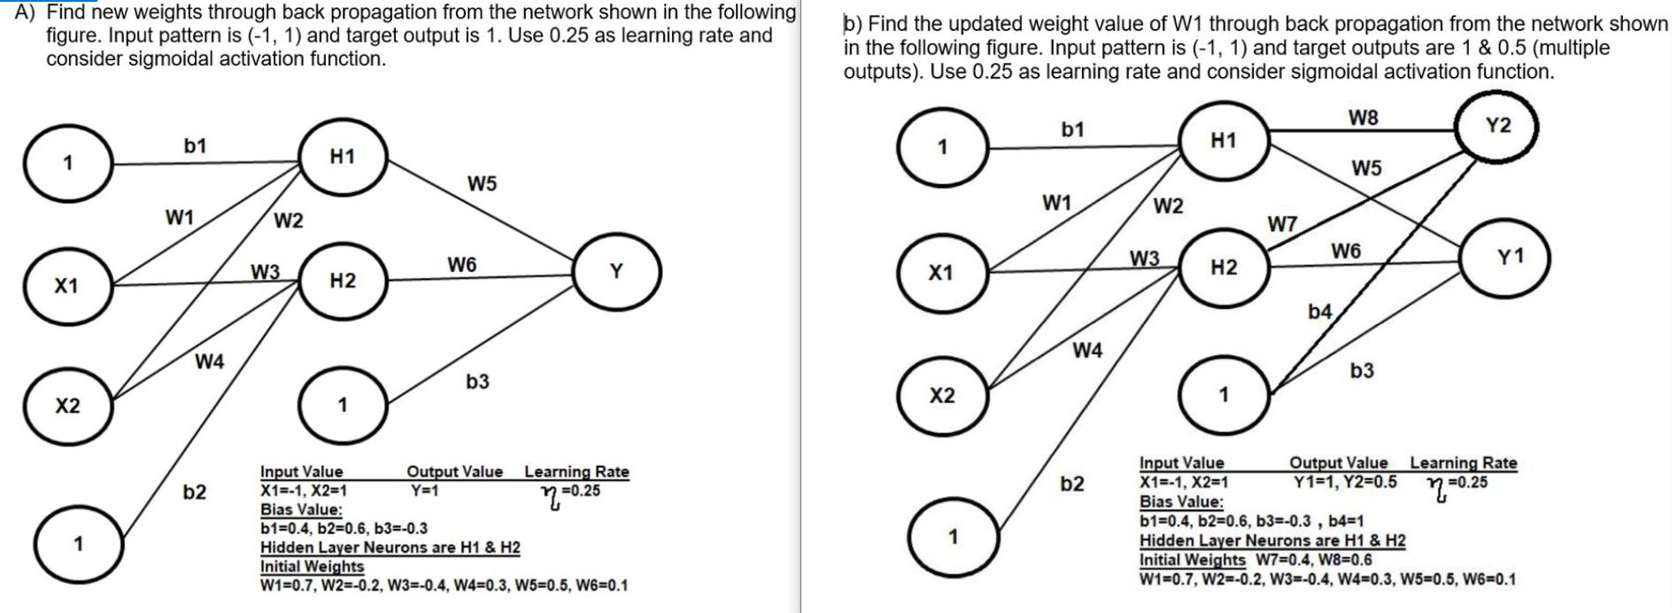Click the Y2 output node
tap(1497, 128)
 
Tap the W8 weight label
tap(1364, 117)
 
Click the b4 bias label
tap(1319, 311)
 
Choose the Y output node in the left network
tap(616, 272)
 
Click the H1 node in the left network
tap(342, 158)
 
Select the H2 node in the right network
tap(1223, 268)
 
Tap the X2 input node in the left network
tap(67, 407)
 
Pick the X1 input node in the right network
tap(941, 274)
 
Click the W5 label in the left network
tap(482, 184)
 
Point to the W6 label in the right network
tap(1345, 252)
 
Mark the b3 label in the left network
tap(477, 382)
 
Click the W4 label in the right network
tap(1087, 351)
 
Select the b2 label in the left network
tap(195, 492)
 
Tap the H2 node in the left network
tap(342, 282)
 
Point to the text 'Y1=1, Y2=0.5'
tap(1345, 482)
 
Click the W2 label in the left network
tap(289, 221)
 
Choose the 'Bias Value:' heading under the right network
tap(1181, 501)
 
